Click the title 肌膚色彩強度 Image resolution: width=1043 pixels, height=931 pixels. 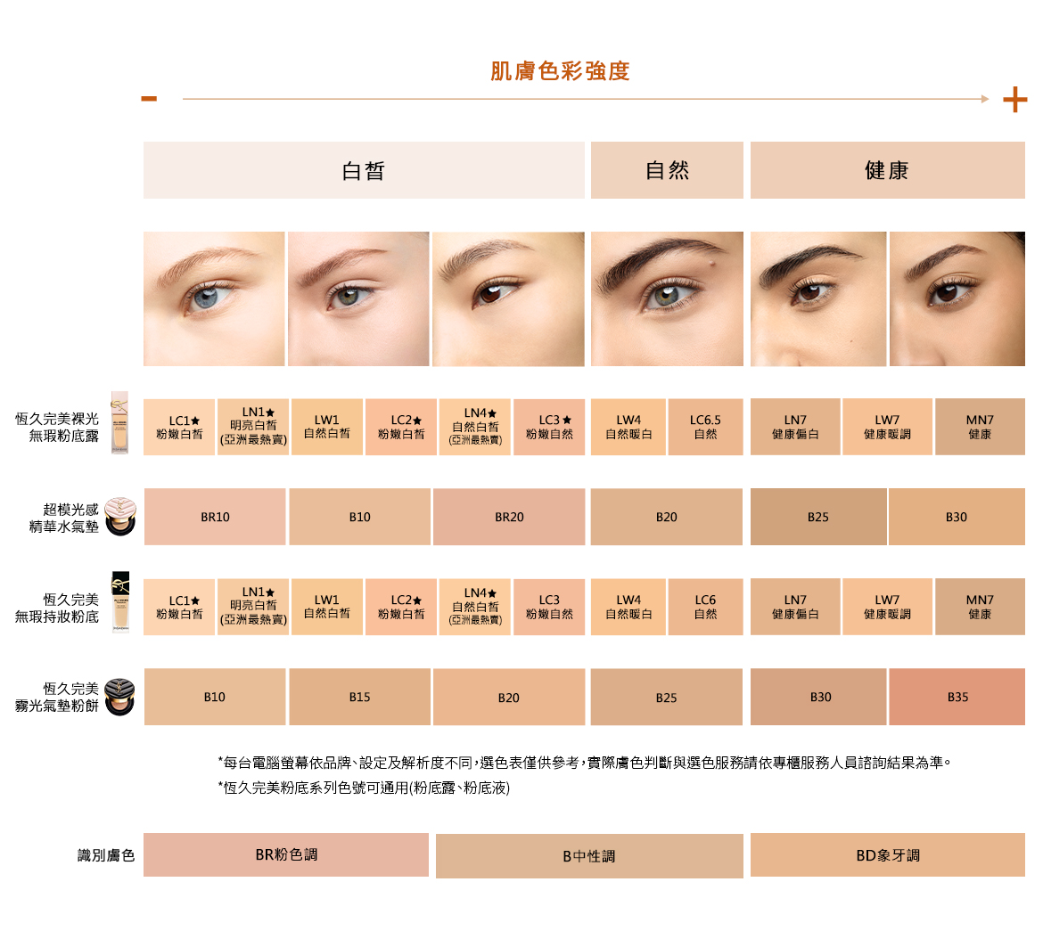pyautogui.click(x=560, y=70)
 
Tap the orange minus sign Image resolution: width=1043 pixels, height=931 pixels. pyautogui.click(x=149, y=99)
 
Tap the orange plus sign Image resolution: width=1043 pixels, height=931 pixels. pyautogui.click(x=1015, y=100)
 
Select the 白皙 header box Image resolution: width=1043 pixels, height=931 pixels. pyautogui.click(x=364, y=170)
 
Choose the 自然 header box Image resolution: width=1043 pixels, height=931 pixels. pyautogui.click(x=667, y=170)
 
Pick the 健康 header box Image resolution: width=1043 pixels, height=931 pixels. pyautogui.click(x=887, y=170)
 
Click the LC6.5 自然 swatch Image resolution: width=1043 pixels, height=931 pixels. pyautogui.click(x=706, y=427)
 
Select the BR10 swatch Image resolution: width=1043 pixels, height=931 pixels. pyautogui.click(x=215, y=517)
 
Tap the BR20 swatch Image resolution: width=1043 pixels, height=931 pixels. pyautogui.click(x=509, y=517)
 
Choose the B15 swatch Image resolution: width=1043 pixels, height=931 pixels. pyautogui.click(x=360, y=697)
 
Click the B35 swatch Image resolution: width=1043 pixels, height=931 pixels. pyautogui.click(x=957, y=697)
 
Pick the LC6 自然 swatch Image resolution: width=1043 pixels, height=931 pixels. pyautogui.click(x=706, y=607)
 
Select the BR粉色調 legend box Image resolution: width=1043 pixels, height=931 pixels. pyautogui.click(x=286, y=854)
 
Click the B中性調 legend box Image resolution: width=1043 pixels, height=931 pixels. pyautogui.click(x=589, y=856)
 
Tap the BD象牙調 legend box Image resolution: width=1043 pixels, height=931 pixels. pyautogui.click(x=887, y=855)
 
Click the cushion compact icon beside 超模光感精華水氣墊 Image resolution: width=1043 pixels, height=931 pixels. pyautogui.click(x=120, y=516)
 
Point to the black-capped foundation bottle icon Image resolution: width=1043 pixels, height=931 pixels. pyautogui.click(x=120, y=602)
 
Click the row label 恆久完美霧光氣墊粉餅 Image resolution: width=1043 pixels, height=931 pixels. pyautogui.click(x=57, y=697)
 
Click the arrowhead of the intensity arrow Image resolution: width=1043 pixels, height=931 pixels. pyautogui.click(x=985, y=99)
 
